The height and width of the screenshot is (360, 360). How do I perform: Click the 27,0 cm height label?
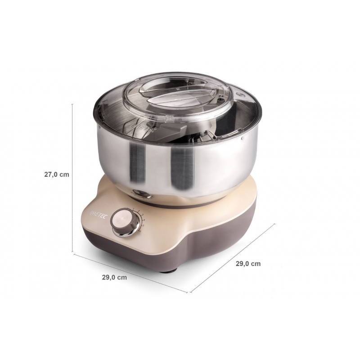tap(56, 175)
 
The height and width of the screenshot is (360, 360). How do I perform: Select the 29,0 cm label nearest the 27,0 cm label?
tap(114, 278)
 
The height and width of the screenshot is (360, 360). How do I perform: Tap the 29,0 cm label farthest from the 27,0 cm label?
tap(248, 264)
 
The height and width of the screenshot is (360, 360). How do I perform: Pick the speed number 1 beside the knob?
tap(135, 209)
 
